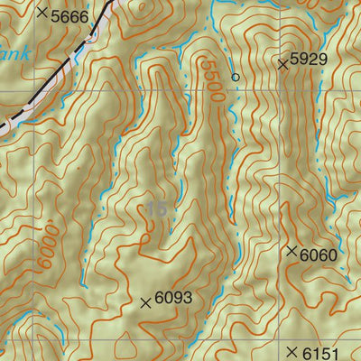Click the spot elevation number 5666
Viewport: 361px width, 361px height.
pos(70,15)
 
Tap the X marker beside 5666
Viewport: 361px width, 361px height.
pos(42,13)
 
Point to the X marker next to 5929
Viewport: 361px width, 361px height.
pos(283,64)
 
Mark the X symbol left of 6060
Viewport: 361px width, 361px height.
pos(292,252)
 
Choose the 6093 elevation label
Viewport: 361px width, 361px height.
pos(173,297)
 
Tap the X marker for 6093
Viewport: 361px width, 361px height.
pos(146,303)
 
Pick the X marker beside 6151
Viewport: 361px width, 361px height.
pos(292,351)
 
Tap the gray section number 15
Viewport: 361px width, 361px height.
pos(156,209)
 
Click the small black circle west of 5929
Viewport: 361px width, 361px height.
pos(236,78)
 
